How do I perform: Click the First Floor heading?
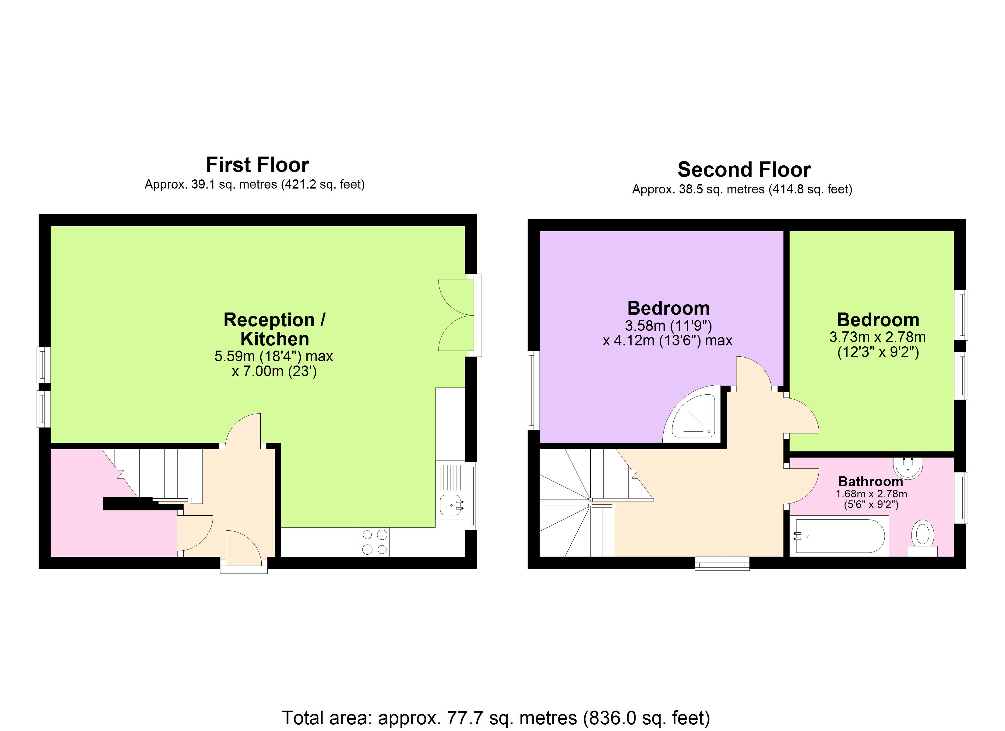257,165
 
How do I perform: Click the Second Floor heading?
744,170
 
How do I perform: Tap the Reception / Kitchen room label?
274,329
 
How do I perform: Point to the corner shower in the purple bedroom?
692,418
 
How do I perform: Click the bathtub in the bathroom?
839,536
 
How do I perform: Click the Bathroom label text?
870,482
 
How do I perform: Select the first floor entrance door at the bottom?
243,550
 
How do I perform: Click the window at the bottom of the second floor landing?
722,564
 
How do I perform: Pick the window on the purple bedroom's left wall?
532,390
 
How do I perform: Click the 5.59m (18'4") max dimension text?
273,356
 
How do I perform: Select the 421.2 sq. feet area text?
323,184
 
